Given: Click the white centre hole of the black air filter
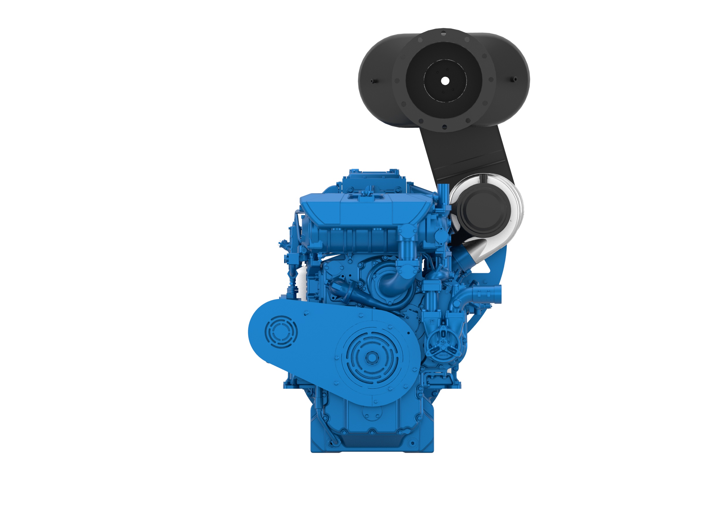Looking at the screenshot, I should [445, 81].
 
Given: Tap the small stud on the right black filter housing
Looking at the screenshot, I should [515, 79].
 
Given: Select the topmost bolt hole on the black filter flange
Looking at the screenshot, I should [444, 33].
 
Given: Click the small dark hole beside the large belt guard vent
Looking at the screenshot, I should [408, 333].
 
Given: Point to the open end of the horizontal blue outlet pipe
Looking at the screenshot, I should [498, 294].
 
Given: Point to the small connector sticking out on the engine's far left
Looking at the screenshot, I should [282, 244].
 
